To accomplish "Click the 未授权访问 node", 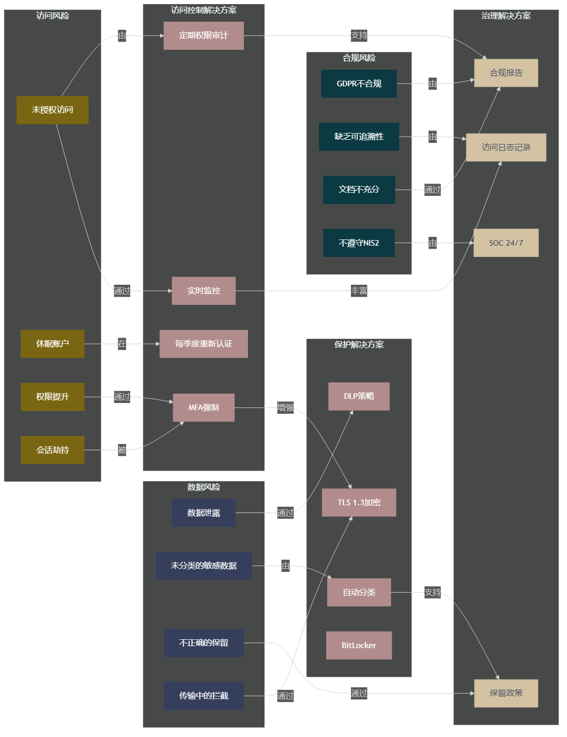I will (x=52, y=110).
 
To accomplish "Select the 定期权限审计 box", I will (x=203, y=35).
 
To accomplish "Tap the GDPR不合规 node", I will (x=359, y=84).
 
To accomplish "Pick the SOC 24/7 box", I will (x=506, y=243).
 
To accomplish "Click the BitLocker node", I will (x=359, y=645).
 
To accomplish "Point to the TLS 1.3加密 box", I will (x=359, y=502).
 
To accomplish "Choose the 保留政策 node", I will (x=506, y=693).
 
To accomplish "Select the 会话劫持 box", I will (x=52, y=450).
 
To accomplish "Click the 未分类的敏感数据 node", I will (x=203, y=565).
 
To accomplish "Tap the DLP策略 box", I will (x=359, y=396).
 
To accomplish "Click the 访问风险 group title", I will (x=52, y=15).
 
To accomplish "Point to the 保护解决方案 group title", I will (x=359, y=344).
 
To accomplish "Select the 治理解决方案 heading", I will (x=506, y=15).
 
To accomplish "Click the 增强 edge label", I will (x=286, y=408).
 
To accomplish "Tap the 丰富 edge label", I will (x=359, y=291).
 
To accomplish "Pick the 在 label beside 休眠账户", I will (x=122, y=343).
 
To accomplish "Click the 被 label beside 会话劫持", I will (x=122, y=450).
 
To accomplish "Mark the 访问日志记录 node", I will (x=506, y=148).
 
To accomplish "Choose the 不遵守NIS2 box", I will (x=359, y=243).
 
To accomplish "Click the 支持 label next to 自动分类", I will (x=432, y=592).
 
